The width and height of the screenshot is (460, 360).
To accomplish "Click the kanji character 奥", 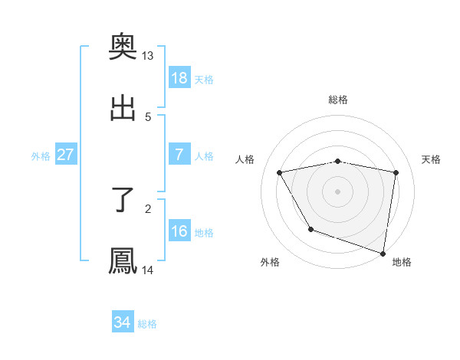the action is click(123, 47).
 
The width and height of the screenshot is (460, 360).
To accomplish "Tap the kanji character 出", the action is click(123, 108).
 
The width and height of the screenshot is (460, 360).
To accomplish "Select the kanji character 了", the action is click(123, 200).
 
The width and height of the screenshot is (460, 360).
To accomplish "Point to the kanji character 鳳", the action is click(123, 260).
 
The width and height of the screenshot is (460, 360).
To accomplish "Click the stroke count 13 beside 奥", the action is click(147, 56).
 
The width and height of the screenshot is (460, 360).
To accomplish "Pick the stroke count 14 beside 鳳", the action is click(147, 270).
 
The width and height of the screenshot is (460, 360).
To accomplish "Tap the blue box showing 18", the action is click(179, 78).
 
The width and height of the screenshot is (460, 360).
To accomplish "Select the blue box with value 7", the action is click(179, 155).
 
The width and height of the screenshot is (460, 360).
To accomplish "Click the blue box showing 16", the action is click(179, 231).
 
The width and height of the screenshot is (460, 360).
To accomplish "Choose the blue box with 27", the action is click(66, 155).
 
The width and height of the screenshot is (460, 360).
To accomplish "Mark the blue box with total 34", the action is click(123, 322).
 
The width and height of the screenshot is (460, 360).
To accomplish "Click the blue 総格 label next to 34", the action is click(147, 324).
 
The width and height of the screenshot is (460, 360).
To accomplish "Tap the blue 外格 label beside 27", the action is click(41, 156).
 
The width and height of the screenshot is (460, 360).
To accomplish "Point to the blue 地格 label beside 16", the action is click(204, 233).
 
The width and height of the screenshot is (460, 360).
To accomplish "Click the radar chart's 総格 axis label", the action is click(338, 100).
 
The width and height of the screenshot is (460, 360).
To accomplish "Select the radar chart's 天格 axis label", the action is click(432, 159).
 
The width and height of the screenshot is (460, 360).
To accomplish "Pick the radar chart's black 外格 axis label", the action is click(270, 262).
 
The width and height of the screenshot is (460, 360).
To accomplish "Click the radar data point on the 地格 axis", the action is click(383, 253).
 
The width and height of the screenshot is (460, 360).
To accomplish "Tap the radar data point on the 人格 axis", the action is click(280, 173).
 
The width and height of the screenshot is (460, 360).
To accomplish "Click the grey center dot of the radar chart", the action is click(338, 191).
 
